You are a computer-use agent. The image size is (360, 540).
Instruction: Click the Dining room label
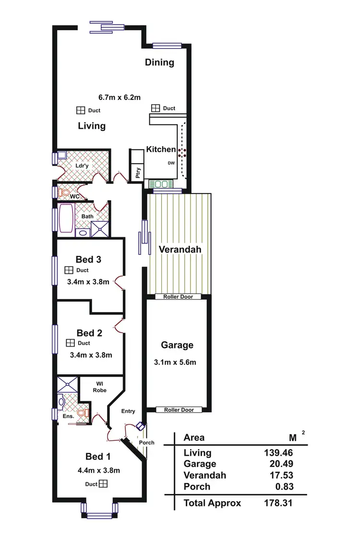(159, 62)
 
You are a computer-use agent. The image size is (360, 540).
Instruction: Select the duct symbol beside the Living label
(81, 110)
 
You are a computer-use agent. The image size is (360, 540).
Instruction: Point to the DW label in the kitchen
(171, 163)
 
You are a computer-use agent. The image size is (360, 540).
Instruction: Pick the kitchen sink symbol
(161, 184)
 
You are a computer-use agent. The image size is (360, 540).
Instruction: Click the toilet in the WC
(64, 192)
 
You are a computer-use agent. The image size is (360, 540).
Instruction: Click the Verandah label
(180, 250)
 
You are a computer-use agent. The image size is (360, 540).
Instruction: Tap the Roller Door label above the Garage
(178, 297)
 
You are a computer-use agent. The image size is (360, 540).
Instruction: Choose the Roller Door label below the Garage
(179, 410)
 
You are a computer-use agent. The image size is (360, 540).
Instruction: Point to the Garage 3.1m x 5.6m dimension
(177, 362)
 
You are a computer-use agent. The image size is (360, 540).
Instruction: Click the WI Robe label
(100, 386)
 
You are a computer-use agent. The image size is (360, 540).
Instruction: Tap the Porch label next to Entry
(147, 443)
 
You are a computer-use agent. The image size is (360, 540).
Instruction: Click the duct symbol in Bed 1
(103, 484)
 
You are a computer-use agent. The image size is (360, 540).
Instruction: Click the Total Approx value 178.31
(278, 503)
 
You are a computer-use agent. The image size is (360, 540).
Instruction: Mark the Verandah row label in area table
(204, 475)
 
